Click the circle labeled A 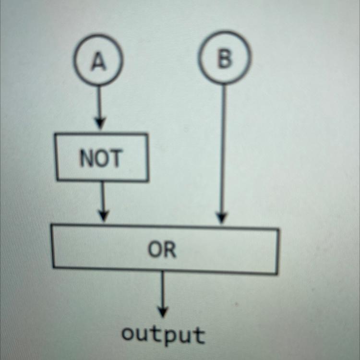(x=98, y=60)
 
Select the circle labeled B (x=224, y=59)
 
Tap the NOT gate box (x=102, y=158)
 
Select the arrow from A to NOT (x=99, y=106)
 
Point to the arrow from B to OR (x=223, y=149)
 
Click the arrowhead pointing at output (x=163, y=312)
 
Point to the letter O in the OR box (x=156, y=250)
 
